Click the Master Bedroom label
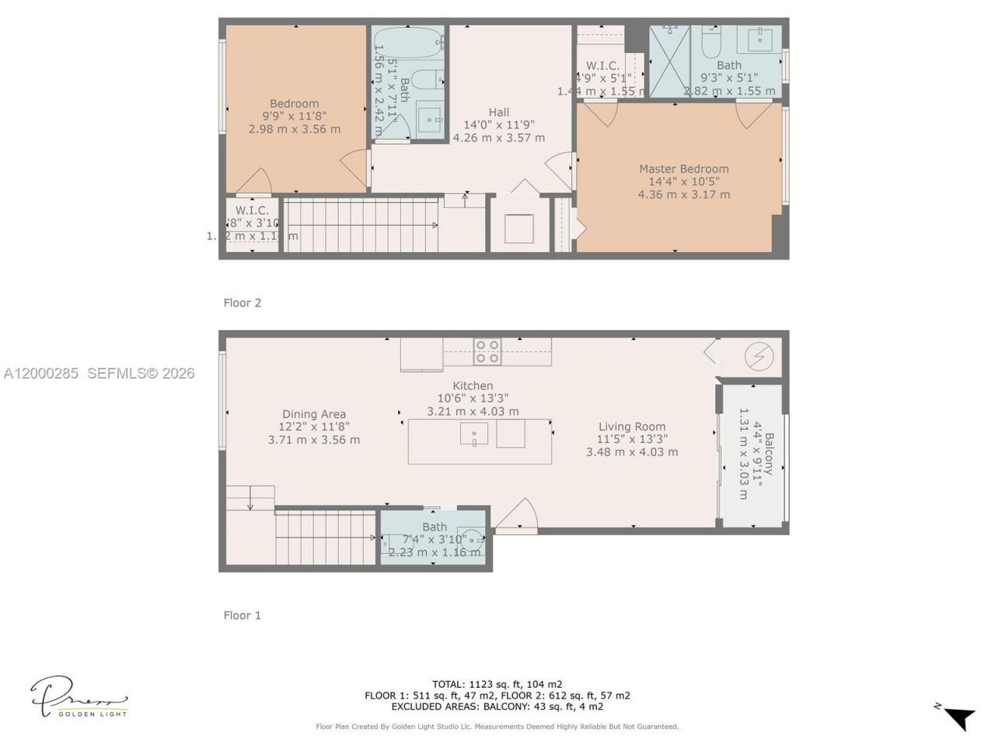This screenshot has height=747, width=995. [x=683, y=169]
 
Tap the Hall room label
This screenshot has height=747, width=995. [x=498, y=112]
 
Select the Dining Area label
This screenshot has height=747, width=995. [x=313, y=414]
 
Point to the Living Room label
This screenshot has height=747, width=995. [x=631, y=426]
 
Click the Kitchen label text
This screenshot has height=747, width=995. [x=473, y=385]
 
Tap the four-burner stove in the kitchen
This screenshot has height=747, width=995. [x=487, y=352]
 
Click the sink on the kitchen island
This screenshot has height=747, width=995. [x=474, y=433]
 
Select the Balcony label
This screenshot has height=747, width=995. [x=769, y=454]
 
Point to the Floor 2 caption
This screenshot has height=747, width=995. [x=242, y=303]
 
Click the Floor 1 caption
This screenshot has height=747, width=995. [x=242, y=615]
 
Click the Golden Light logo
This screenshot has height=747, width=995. [x=79, y=696]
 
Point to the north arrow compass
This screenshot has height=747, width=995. [x=958, y=716]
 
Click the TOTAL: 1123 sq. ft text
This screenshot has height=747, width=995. [x=497, y=684]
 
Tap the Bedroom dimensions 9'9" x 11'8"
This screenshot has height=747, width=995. [x=294, y=116]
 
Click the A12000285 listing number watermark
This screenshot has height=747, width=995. [x=41, y=373]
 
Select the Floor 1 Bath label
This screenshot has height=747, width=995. [x=435, y=527]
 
